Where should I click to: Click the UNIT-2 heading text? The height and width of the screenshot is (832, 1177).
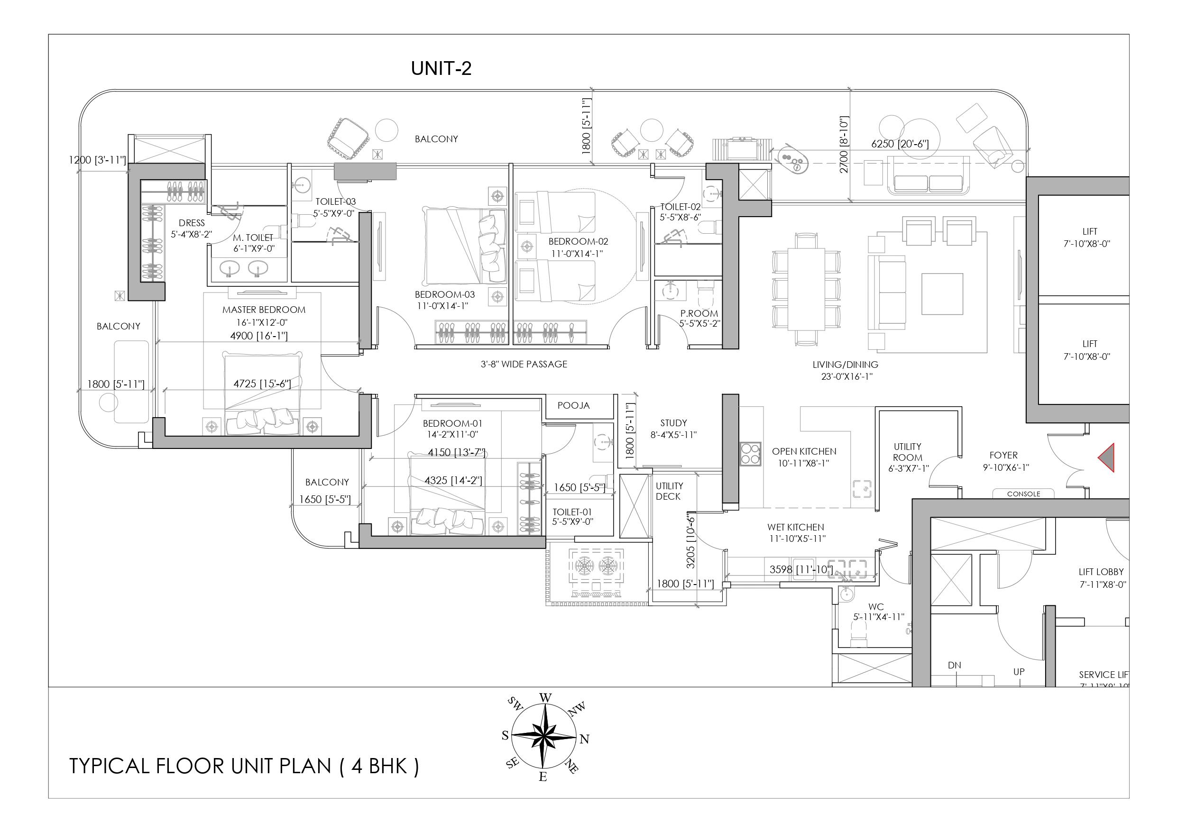click(x=441, y=68)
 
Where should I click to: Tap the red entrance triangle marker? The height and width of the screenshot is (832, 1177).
click(x=1107, y=458)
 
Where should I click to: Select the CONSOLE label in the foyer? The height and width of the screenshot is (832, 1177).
click(x=1024, y=494)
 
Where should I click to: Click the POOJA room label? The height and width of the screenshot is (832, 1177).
click(x=574, y=405)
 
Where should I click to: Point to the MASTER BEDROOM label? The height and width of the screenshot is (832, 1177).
click(x=264, y=310)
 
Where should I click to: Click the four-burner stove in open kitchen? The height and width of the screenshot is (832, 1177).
click(x=750, y=454)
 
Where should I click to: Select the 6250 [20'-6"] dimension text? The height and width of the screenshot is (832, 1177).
click(x=900, y=144)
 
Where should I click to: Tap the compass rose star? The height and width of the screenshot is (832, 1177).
click(x=544, y=737)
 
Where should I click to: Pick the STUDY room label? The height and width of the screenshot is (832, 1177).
click(x=673, y=423)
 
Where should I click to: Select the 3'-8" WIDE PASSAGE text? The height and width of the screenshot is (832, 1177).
click(x=524, y=365)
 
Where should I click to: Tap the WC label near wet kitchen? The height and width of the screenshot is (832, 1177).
click(x=876, y=607)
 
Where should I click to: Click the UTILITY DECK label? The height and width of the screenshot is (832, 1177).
click(x=669, y=491)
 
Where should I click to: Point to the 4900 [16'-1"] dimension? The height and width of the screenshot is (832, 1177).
click(x=258, y=336)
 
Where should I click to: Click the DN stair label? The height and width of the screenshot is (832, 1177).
click(x=954, y=666)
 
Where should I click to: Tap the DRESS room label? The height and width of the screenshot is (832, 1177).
click(x=192, y=223)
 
